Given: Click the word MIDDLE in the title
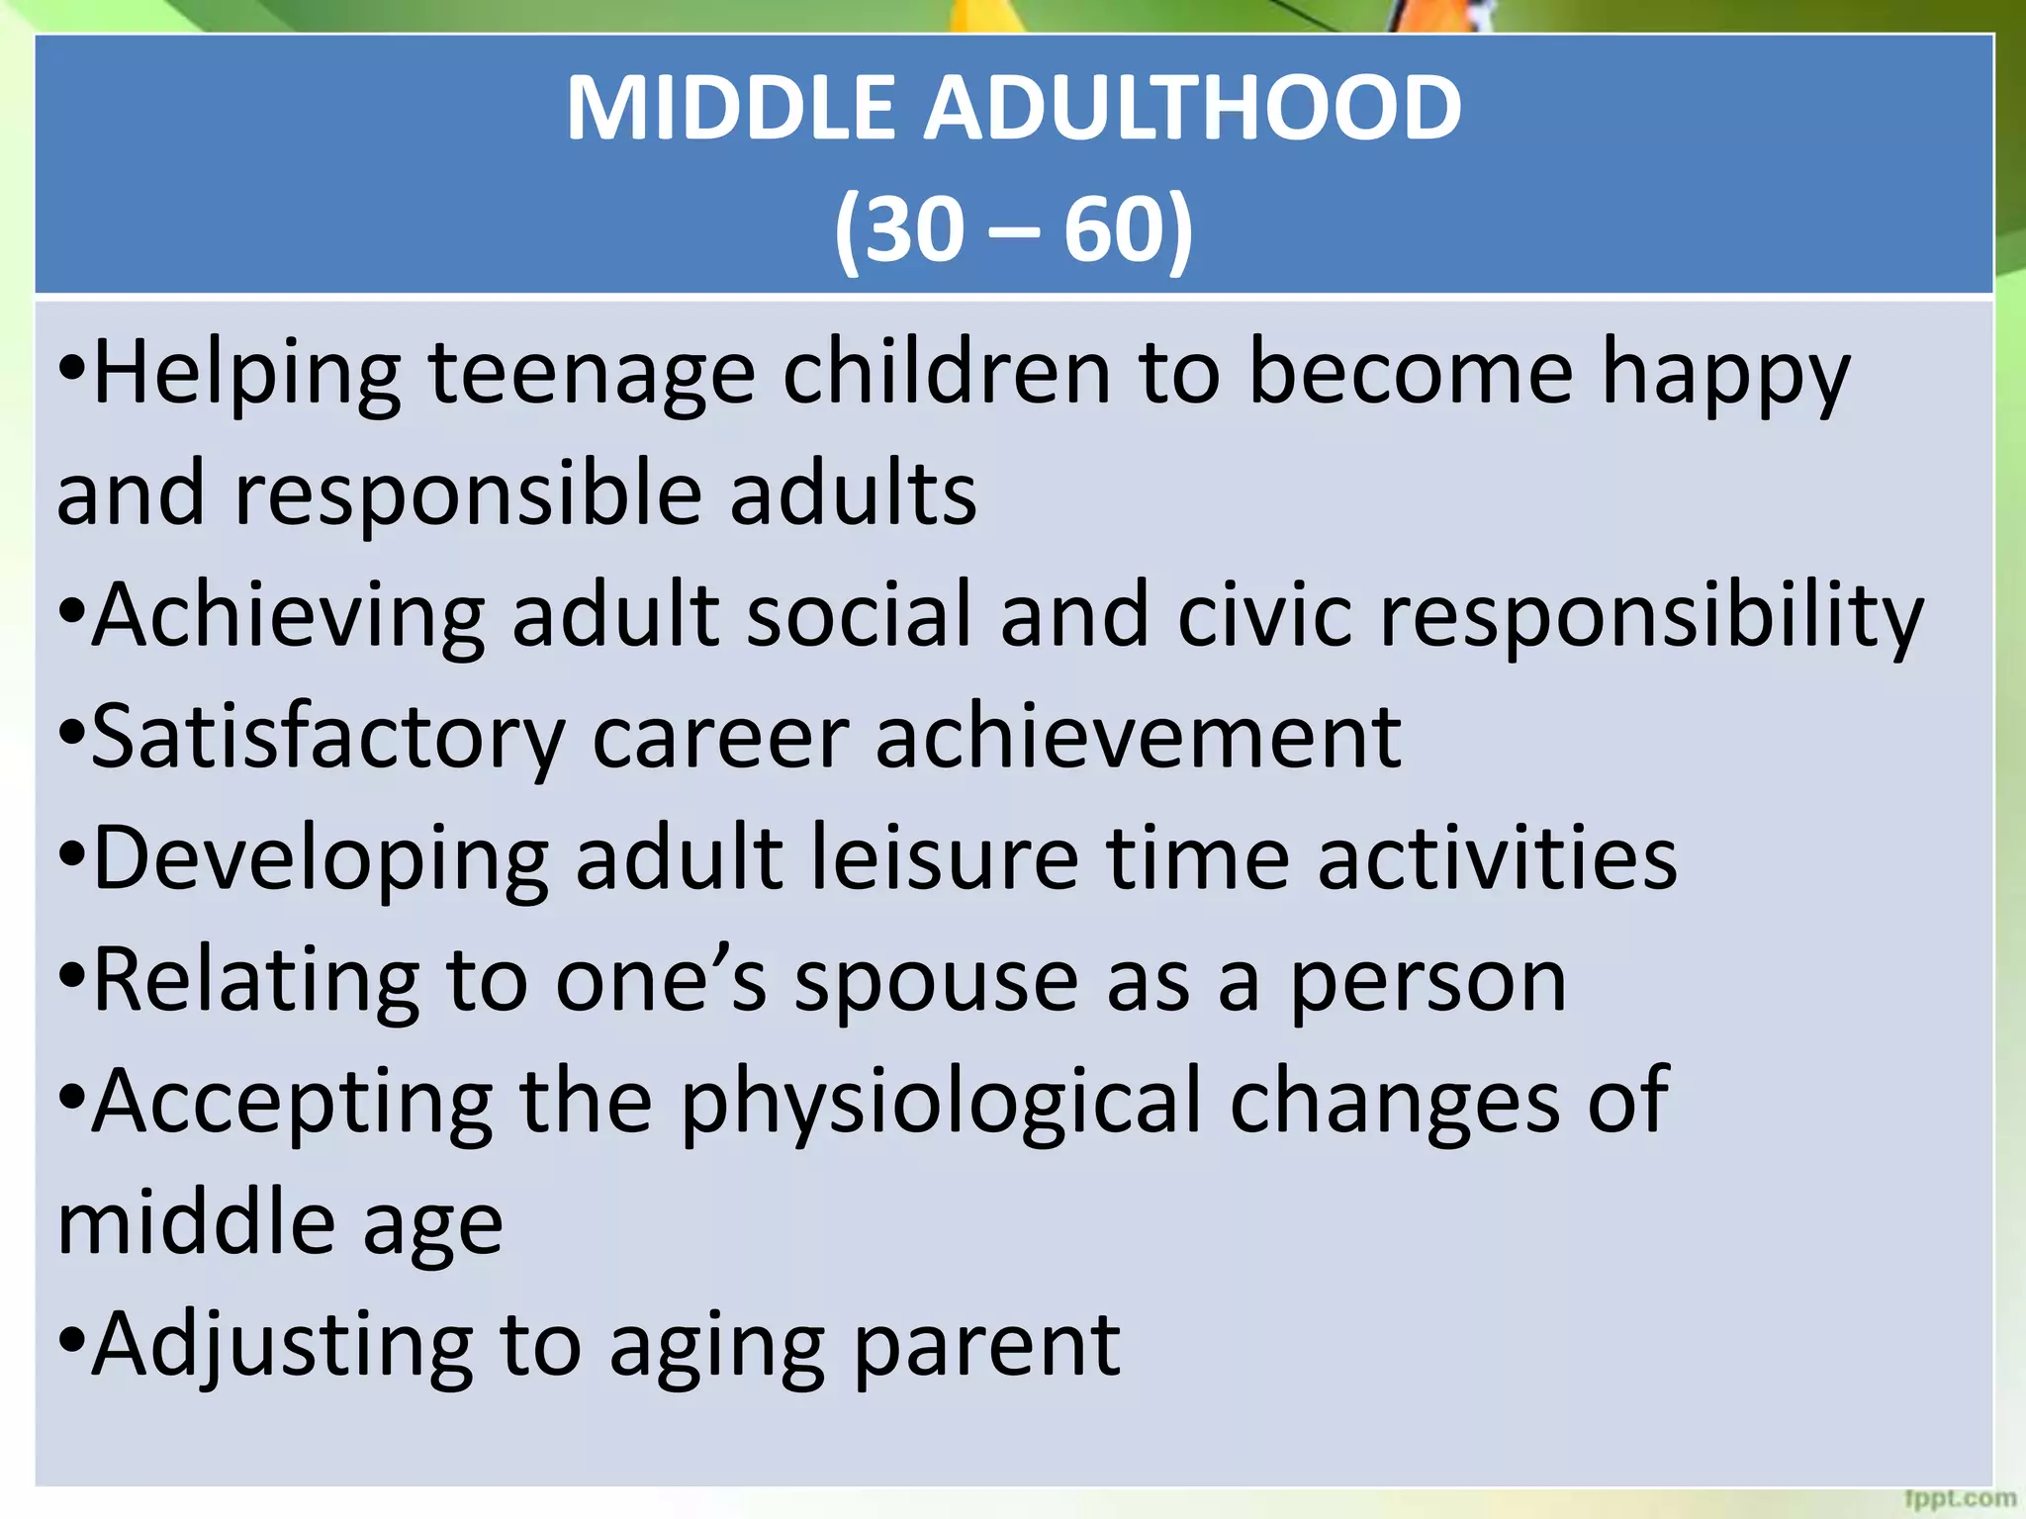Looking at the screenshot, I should click(x=732, y=109).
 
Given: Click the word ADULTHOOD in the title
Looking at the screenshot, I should click(x=1192, y=109).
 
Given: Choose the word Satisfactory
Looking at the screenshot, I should click(x=327, y=738).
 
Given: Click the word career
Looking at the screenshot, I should click(x=720, y=738).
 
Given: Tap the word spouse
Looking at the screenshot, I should click(x=936, y=981).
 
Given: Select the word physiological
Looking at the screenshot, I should click(x=940, y=1104).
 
